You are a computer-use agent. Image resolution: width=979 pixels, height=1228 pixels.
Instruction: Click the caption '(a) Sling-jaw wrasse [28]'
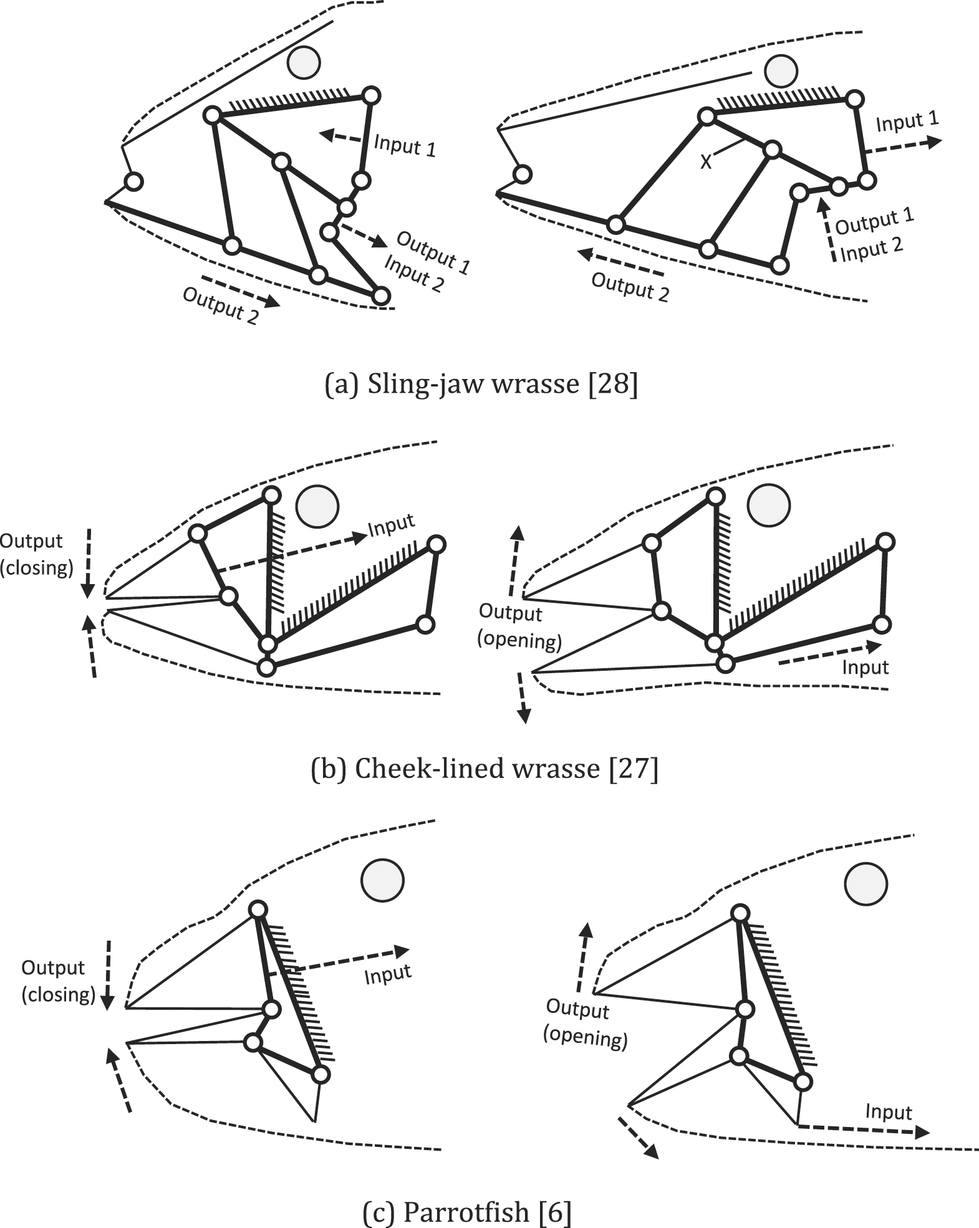[481, 385]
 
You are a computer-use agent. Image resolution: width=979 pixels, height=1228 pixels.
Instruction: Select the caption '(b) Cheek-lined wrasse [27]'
[484, 769]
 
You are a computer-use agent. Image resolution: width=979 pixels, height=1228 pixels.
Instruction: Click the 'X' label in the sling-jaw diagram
[705, 162]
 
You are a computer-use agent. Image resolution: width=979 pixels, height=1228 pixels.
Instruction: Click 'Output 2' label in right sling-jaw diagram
[630, 287]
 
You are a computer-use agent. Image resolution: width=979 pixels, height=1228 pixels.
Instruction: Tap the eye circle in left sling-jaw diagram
[304, 62]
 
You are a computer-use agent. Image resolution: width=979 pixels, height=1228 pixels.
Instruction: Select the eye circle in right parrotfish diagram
[866, 883]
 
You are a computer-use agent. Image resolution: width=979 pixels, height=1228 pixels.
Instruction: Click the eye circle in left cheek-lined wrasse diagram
[317, 506]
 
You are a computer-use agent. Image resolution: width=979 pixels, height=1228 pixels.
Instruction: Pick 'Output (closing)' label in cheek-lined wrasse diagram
[36, 554]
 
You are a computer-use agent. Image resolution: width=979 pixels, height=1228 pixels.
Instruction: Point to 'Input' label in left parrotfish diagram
[388, 974]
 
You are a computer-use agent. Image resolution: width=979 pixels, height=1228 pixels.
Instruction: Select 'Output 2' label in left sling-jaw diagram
[220, 305]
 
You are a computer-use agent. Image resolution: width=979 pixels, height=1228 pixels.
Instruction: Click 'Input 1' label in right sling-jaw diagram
[907, 122]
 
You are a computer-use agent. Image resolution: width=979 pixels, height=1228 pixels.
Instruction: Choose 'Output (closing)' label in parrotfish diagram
[58, 981]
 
